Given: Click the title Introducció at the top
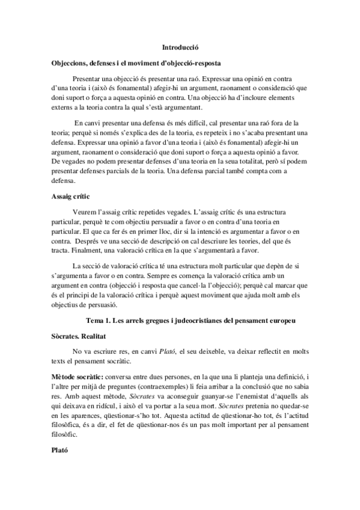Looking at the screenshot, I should pos(180,46).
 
